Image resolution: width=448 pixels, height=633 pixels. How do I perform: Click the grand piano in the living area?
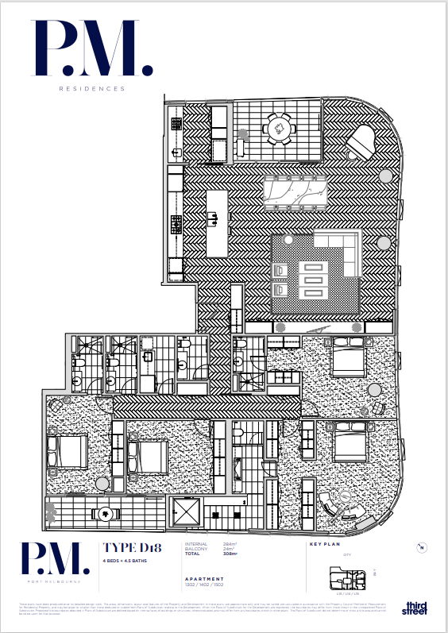[363, 144]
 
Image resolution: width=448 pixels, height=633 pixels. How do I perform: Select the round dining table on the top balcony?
[278, 127]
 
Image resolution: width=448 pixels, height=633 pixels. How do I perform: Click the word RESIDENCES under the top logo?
[92, 89]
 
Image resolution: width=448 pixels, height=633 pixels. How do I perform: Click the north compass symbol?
[423, 547]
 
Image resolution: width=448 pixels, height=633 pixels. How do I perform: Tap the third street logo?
[415, 608]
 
